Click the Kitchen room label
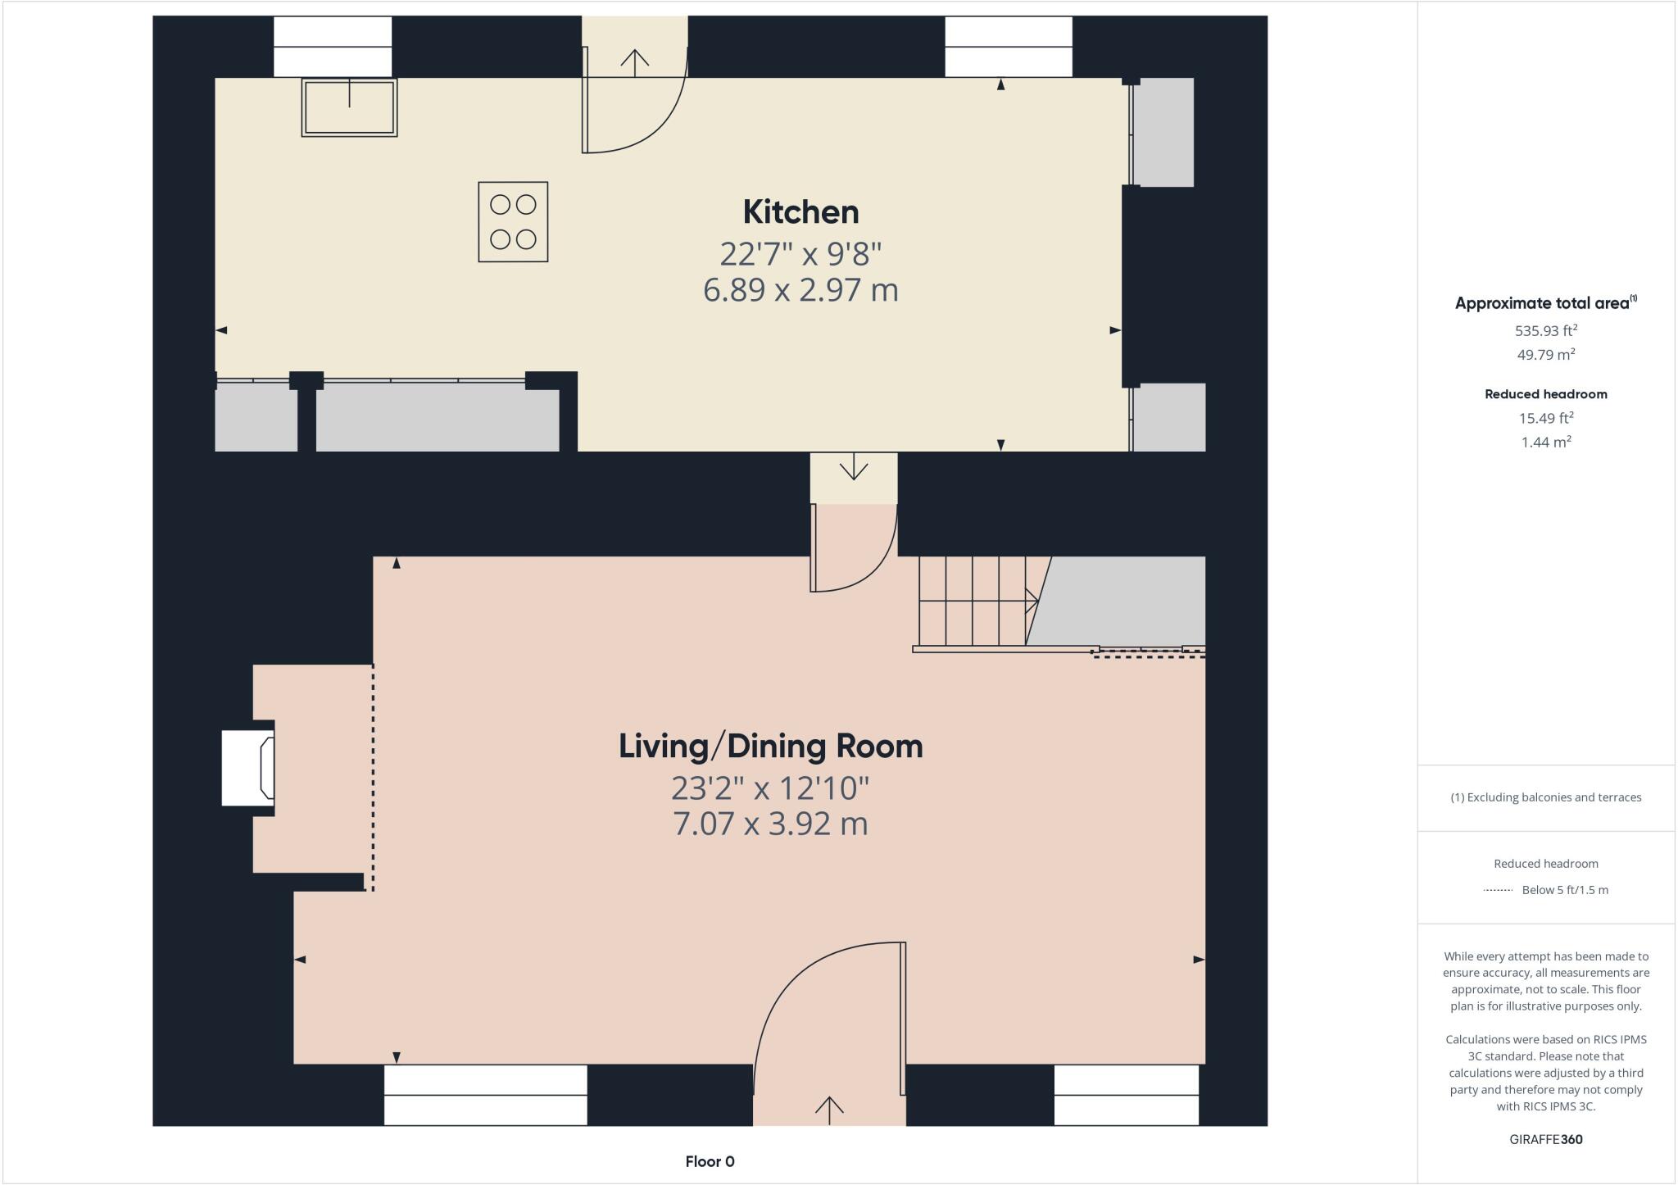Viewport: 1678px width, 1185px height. (800, 212)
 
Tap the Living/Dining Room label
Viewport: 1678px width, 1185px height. (770, 747)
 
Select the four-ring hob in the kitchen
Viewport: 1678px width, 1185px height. (513, 222)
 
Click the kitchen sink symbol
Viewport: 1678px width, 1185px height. (350, 107)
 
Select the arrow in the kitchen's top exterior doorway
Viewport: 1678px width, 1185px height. (635, 59)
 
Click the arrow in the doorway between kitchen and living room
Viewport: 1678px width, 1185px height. (854, 470)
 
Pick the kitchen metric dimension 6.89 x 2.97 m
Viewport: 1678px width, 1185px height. (800, 290)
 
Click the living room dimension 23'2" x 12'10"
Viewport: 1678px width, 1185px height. (770, 788)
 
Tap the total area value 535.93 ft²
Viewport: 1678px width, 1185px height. (1545, 331)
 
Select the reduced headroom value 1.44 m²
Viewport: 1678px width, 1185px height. (1545, 443)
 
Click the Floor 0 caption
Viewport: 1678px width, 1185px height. (710, 1161)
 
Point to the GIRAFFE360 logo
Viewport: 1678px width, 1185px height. (1545, 1139)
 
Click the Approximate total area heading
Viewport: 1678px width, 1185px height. (1544, 303)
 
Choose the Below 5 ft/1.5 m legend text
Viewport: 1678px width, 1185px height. (1564, 890)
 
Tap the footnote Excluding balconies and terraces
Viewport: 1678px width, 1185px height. (1545, 797)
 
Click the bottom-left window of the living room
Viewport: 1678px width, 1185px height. (486, 1095)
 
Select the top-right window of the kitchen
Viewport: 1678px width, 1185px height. (1009, 47)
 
